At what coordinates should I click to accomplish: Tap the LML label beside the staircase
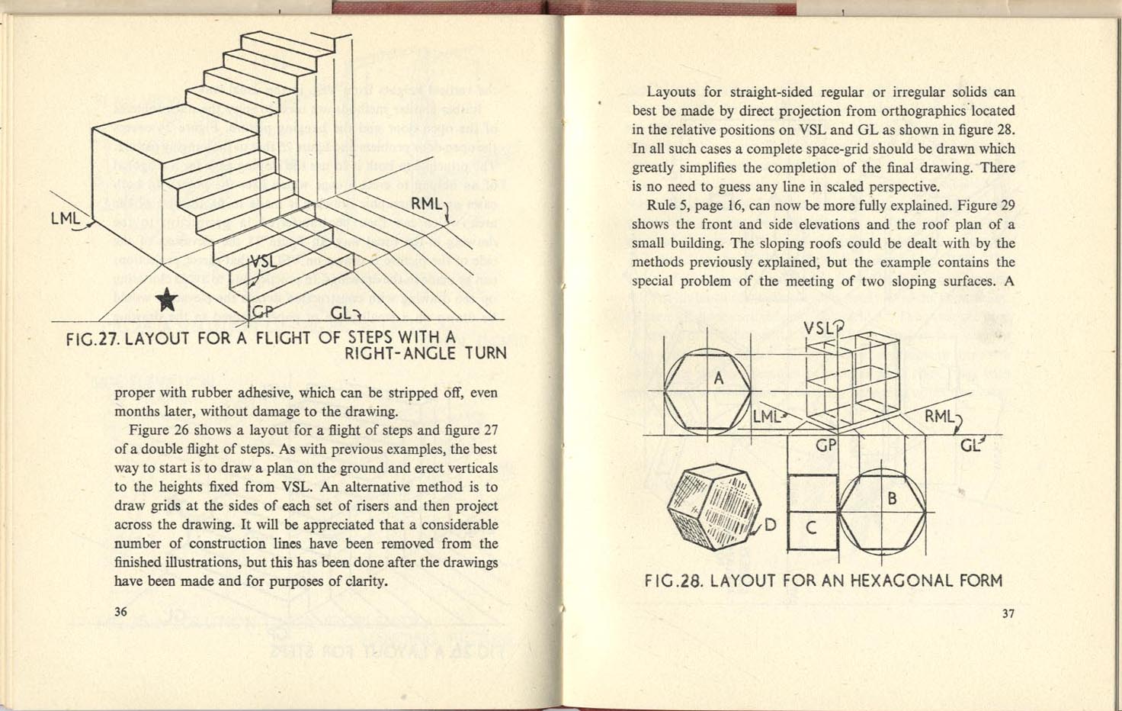click(x=66, y=219)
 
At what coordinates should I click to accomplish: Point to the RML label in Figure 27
click(x=425, y=204)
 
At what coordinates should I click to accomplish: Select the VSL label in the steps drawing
click(x=263, y=261)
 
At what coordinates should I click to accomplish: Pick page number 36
click(x=120, y=612)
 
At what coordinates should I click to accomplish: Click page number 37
click(x=1008, y=613)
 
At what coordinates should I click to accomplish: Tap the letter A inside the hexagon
click(x=718, y=378)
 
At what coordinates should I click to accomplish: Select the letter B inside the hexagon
click(x=892, y=500)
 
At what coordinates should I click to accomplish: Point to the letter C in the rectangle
click(x=811, y=526)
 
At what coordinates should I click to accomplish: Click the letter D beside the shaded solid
click(x=770, y=525)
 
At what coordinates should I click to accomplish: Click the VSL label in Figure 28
click(x=819, y=329)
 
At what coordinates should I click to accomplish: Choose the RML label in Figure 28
click(x=938, y=417)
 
